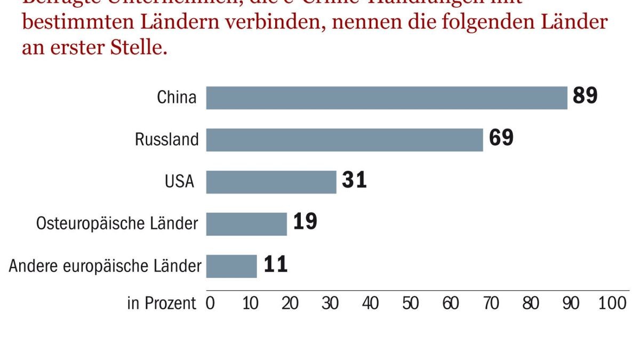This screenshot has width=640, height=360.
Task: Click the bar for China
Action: [x=387, y=98]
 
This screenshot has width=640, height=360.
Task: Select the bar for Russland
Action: [x=345, y=140]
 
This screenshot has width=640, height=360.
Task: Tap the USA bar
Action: [x=271, y=182]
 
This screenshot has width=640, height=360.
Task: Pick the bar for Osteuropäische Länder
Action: [x=246, y=224]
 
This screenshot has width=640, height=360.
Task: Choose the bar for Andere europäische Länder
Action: [x=231, y=266]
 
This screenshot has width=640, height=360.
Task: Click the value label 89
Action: [x=585, y=96]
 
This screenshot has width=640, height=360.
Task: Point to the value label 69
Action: [x=501, y=138]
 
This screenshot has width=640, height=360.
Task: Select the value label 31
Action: [x=354, y=180]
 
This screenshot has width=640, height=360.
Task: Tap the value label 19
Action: [x=305, y=222]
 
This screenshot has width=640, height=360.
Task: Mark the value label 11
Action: [x=276, y=265]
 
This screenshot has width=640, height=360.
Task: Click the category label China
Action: [x=177, y=98]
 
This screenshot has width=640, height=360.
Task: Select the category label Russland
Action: [x=166, y=140]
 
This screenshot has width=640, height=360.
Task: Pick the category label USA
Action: [x=179, y=182]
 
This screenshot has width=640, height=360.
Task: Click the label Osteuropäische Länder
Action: [x=117, y=224]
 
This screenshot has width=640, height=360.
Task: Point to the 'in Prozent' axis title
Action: [x=162, y=303]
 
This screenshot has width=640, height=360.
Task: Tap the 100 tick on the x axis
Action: [x=612, y=303]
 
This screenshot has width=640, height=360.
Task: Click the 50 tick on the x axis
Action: [x=410, y=303]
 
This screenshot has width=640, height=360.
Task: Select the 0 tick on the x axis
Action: [x=210, y=303]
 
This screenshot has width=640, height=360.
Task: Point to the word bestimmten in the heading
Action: [x=76, y=23]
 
